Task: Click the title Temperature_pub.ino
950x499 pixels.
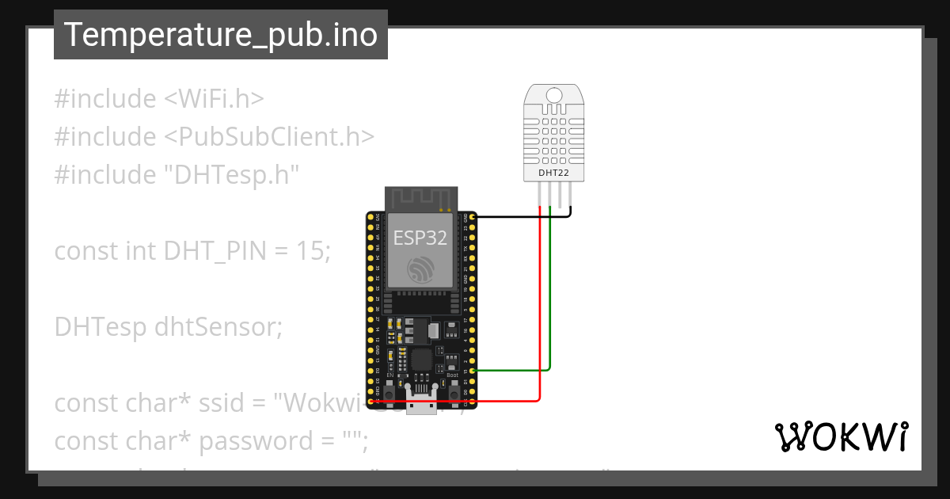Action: point(220,35)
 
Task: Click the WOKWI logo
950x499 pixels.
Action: point(841,437)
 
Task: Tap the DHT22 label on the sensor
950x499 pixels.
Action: point(554,172)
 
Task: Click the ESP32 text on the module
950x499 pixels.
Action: point(420,238)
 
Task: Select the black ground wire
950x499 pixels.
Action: point(522,216)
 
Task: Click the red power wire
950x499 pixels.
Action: point(540,317)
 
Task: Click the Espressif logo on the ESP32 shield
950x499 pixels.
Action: point(420,270)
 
